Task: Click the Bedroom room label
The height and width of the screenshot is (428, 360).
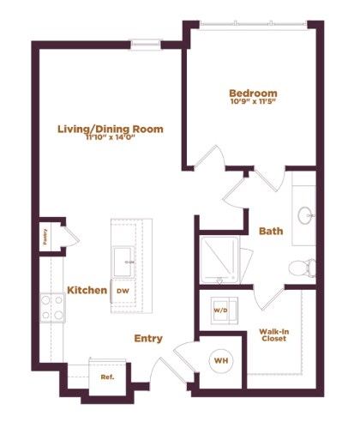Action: (253, 93)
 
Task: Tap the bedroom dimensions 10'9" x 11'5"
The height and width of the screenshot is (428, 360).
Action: (253, 103)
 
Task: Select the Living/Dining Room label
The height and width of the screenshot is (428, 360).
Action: (110, 129)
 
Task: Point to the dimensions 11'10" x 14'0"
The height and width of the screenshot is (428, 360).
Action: (110, 139)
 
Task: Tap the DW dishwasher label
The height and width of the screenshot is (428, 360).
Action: (122, 291)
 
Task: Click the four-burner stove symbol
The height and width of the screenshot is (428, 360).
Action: (52, 306)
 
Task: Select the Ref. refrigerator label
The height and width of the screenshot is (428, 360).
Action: (107, 377)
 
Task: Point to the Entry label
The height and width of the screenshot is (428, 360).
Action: (148, 338)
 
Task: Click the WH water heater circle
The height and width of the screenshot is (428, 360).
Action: (220, 361)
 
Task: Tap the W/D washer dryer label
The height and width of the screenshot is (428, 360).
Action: (220, 310)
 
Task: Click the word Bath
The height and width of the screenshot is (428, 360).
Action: (271, 231)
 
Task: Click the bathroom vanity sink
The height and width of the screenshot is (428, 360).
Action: (305, 214)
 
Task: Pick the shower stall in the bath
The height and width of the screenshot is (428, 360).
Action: (219, 260)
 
